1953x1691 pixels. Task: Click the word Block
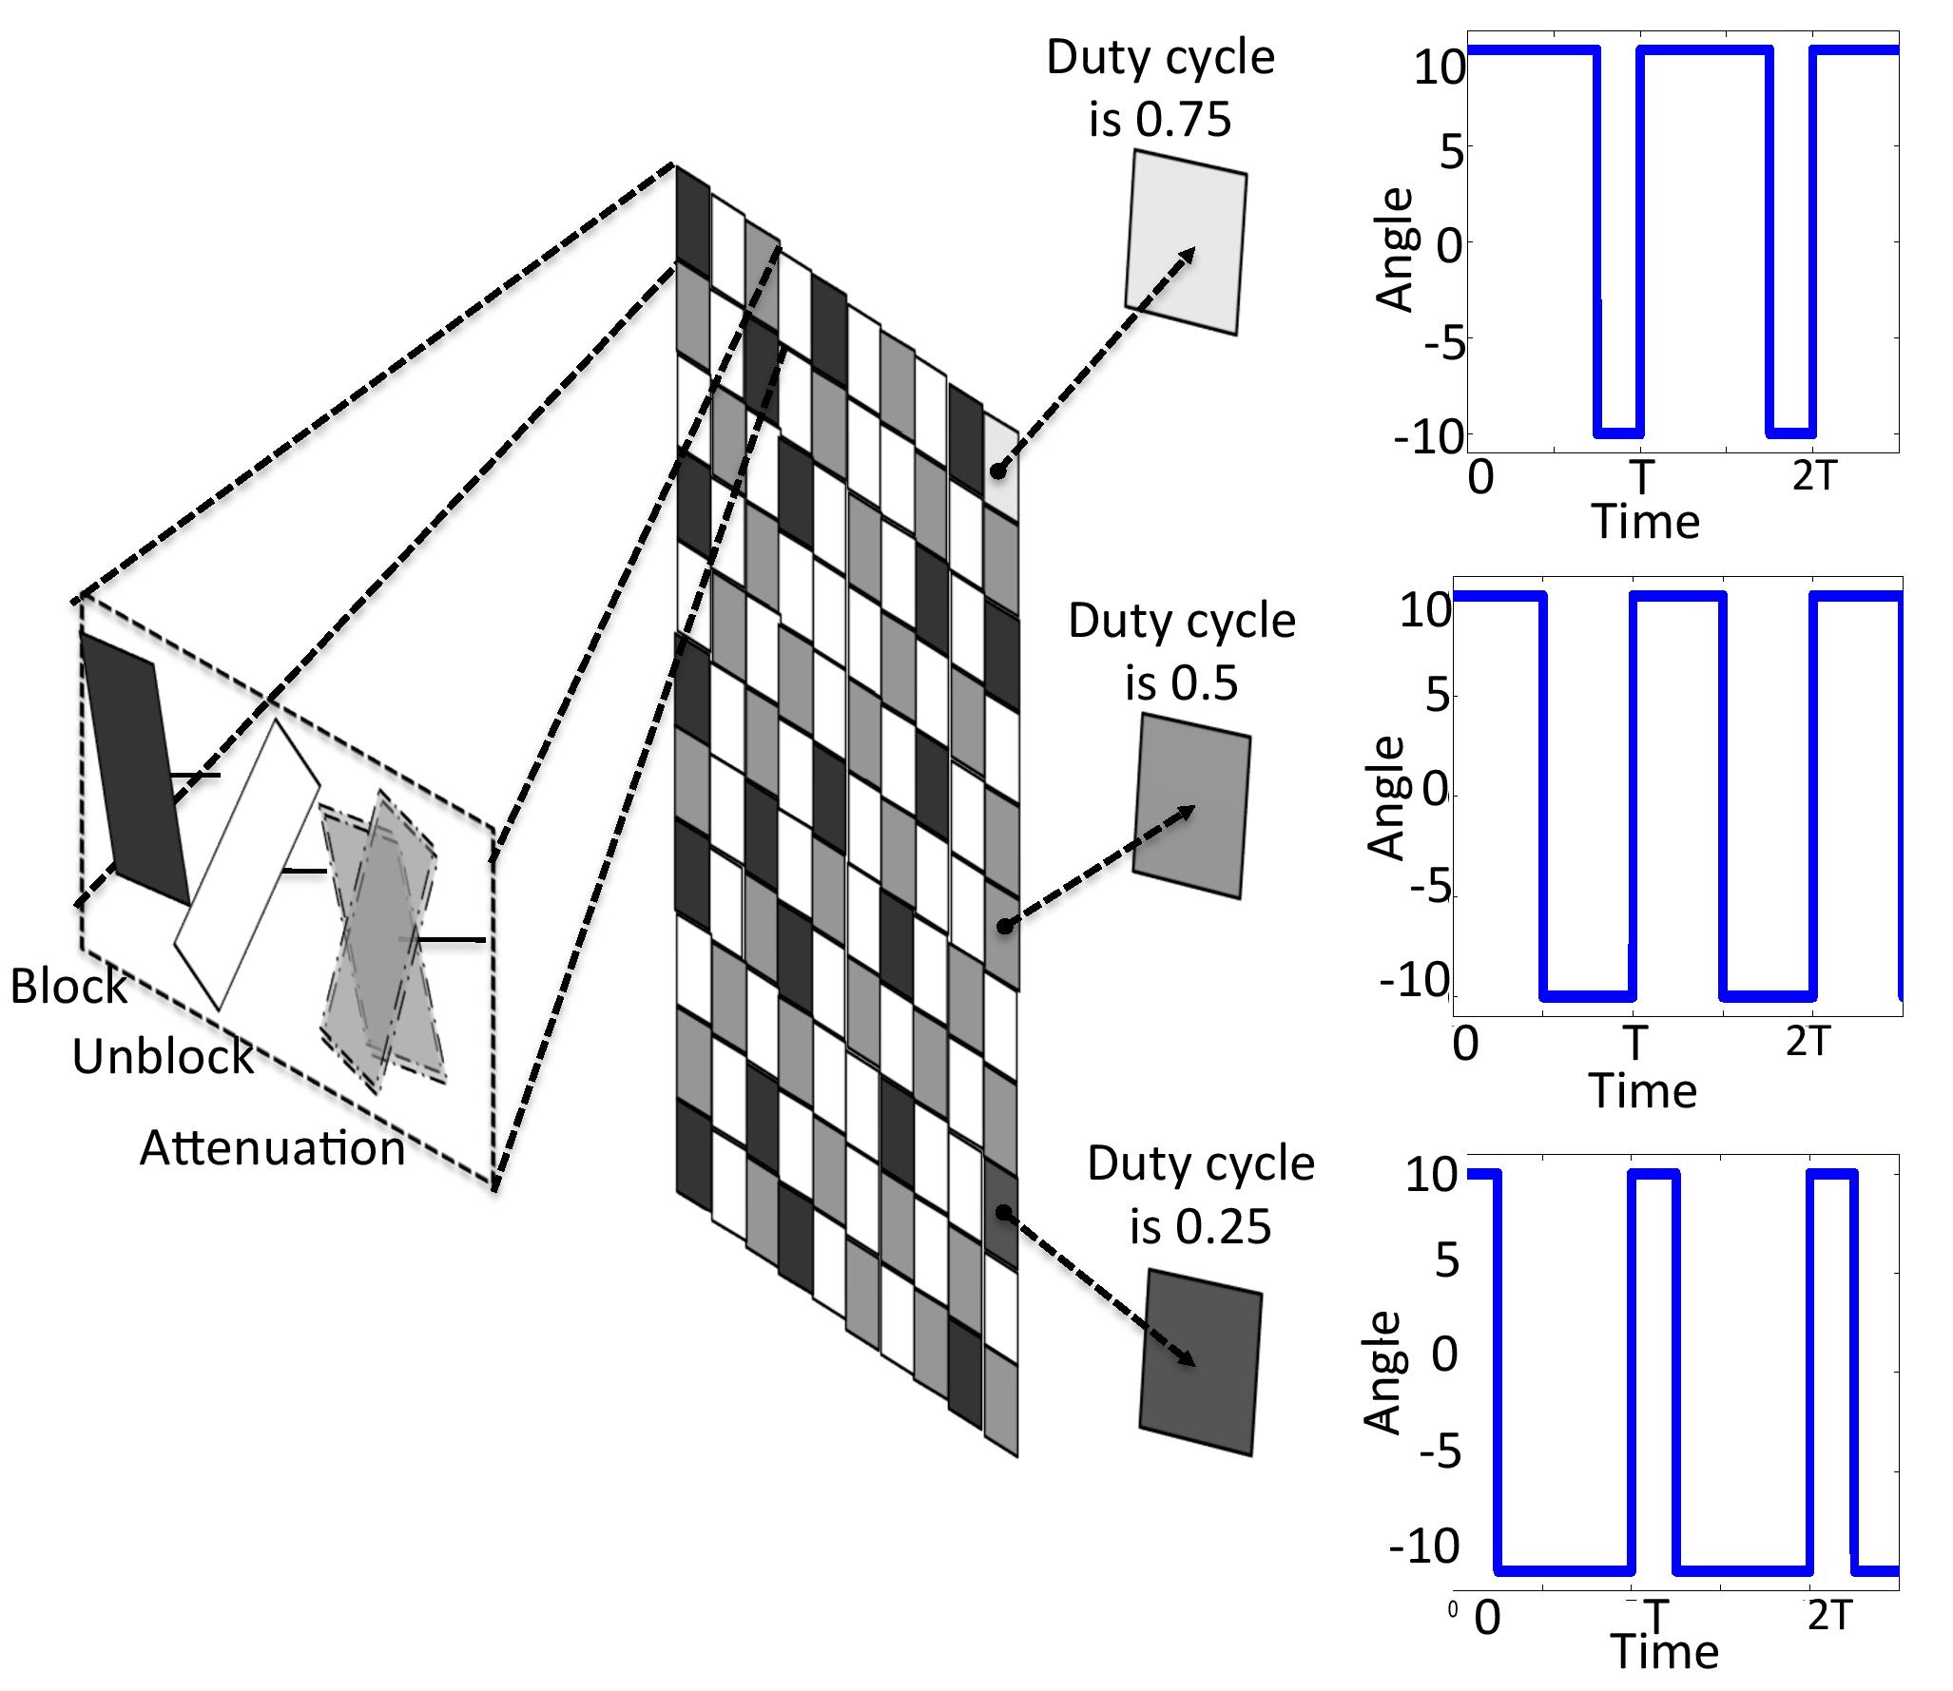pyautogui.click(x=68, y=987)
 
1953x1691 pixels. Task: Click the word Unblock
pyautogui.click(x=163, y=1056)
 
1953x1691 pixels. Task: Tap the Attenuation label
pyautogui.click(x=272, y=1148)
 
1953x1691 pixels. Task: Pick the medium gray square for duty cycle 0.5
pyautogui.click(x=1191, y=806)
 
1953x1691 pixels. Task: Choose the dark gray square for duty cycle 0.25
pyautogui.click(x=1201, y=1361)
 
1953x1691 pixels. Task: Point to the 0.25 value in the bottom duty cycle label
pyautogui.click(x=1224, y=1227)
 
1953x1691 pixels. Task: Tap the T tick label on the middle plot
pyautogui.click(x=1634, y=1043)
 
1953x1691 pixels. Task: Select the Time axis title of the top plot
pyautogui.click(x=1645, y=522)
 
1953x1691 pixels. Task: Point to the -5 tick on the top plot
pyautogui.click(x=1444, y=340)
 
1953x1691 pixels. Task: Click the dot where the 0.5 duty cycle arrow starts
pyautogui.click(x=1003, y=926)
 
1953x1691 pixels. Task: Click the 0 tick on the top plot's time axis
pyautogui.click(x=1480, y=476)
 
